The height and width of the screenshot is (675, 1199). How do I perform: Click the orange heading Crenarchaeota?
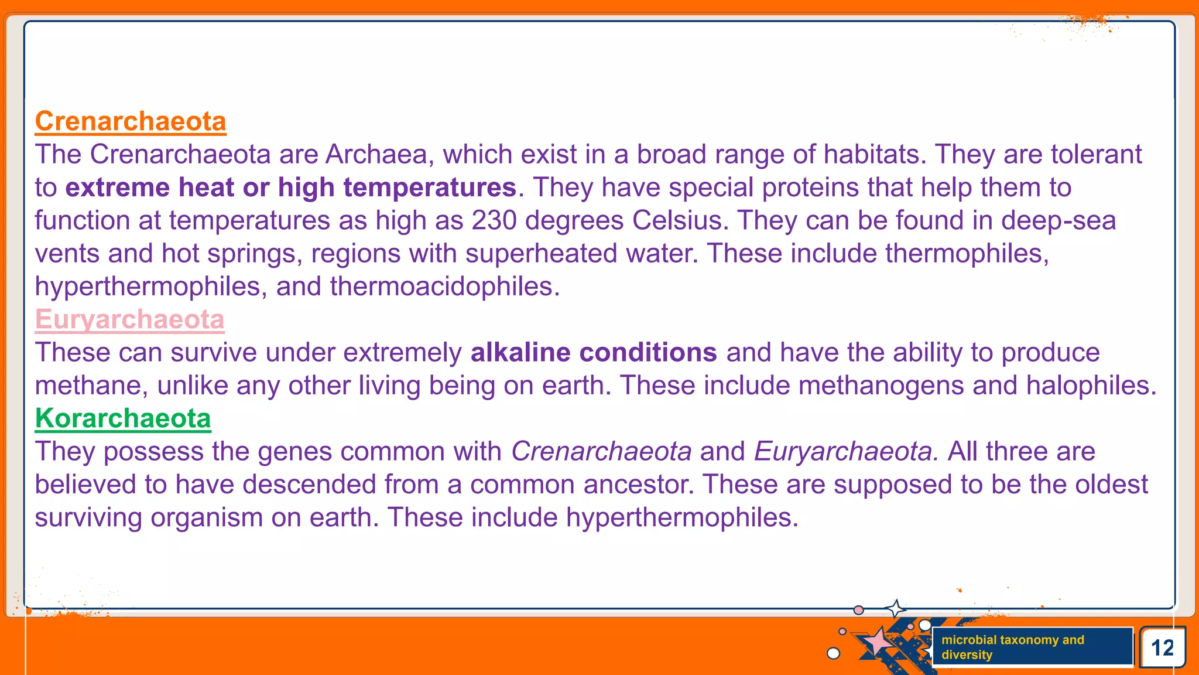point(131,121)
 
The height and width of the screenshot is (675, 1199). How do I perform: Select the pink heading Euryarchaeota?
point(129,320)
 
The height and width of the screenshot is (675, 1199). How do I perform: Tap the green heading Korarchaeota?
point(123,418)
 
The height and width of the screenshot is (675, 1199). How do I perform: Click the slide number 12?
point(1162,648)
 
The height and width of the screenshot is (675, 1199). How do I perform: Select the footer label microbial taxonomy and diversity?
point(1013,647)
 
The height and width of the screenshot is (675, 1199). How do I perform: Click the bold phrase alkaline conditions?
point(594,353)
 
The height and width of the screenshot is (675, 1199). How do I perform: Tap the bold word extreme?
point(117,188)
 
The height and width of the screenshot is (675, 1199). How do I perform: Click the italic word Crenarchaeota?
point(601,452)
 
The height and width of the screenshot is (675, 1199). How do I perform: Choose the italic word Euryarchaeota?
point(845,452)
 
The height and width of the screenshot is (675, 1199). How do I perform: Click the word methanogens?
point(881,386)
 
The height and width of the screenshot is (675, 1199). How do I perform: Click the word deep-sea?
point(1058,221)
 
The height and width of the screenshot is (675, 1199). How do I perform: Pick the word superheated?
point(542,254)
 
